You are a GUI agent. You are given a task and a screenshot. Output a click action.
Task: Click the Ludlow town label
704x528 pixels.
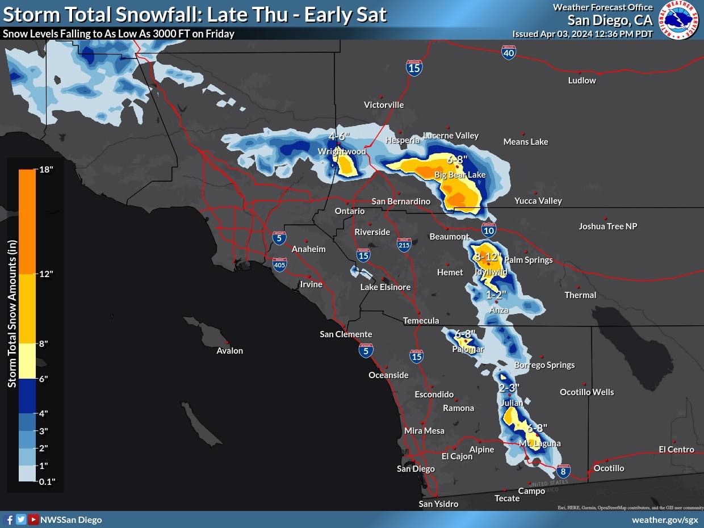(x=582, y=81)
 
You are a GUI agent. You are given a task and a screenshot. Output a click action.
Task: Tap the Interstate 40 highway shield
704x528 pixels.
(x=509, y=53)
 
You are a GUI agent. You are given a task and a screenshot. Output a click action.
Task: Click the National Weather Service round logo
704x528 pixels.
(x=678, y=20)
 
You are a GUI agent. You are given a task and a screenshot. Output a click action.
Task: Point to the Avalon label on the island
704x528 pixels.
(x=230, y=351)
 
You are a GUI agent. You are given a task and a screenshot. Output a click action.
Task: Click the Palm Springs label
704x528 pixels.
(x=528, y=260)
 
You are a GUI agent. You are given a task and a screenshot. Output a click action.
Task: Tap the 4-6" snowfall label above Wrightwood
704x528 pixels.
(x=340, y=137)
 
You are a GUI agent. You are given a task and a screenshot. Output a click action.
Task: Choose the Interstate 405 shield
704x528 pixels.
(x=279, y=264)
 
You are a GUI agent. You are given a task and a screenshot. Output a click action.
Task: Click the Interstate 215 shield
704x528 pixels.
(x=404, y=245)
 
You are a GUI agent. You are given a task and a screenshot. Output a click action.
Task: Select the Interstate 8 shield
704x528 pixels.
(x=563, y=471)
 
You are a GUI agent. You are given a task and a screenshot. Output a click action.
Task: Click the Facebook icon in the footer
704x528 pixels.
(x=9, y=519)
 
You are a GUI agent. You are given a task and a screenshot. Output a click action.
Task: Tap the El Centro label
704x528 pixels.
(x=676, y=450)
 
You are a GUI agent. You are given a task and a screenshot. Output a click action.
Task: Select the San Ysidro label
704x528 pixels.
(x=438, y=504)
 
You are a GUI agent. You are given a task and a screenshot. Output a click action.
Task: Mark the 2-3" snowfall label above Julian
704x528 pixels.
(x=509, y=388)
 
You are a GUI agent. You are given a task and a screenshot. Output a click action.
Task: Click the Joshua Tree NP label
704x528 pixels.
(x=607, y=227)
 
